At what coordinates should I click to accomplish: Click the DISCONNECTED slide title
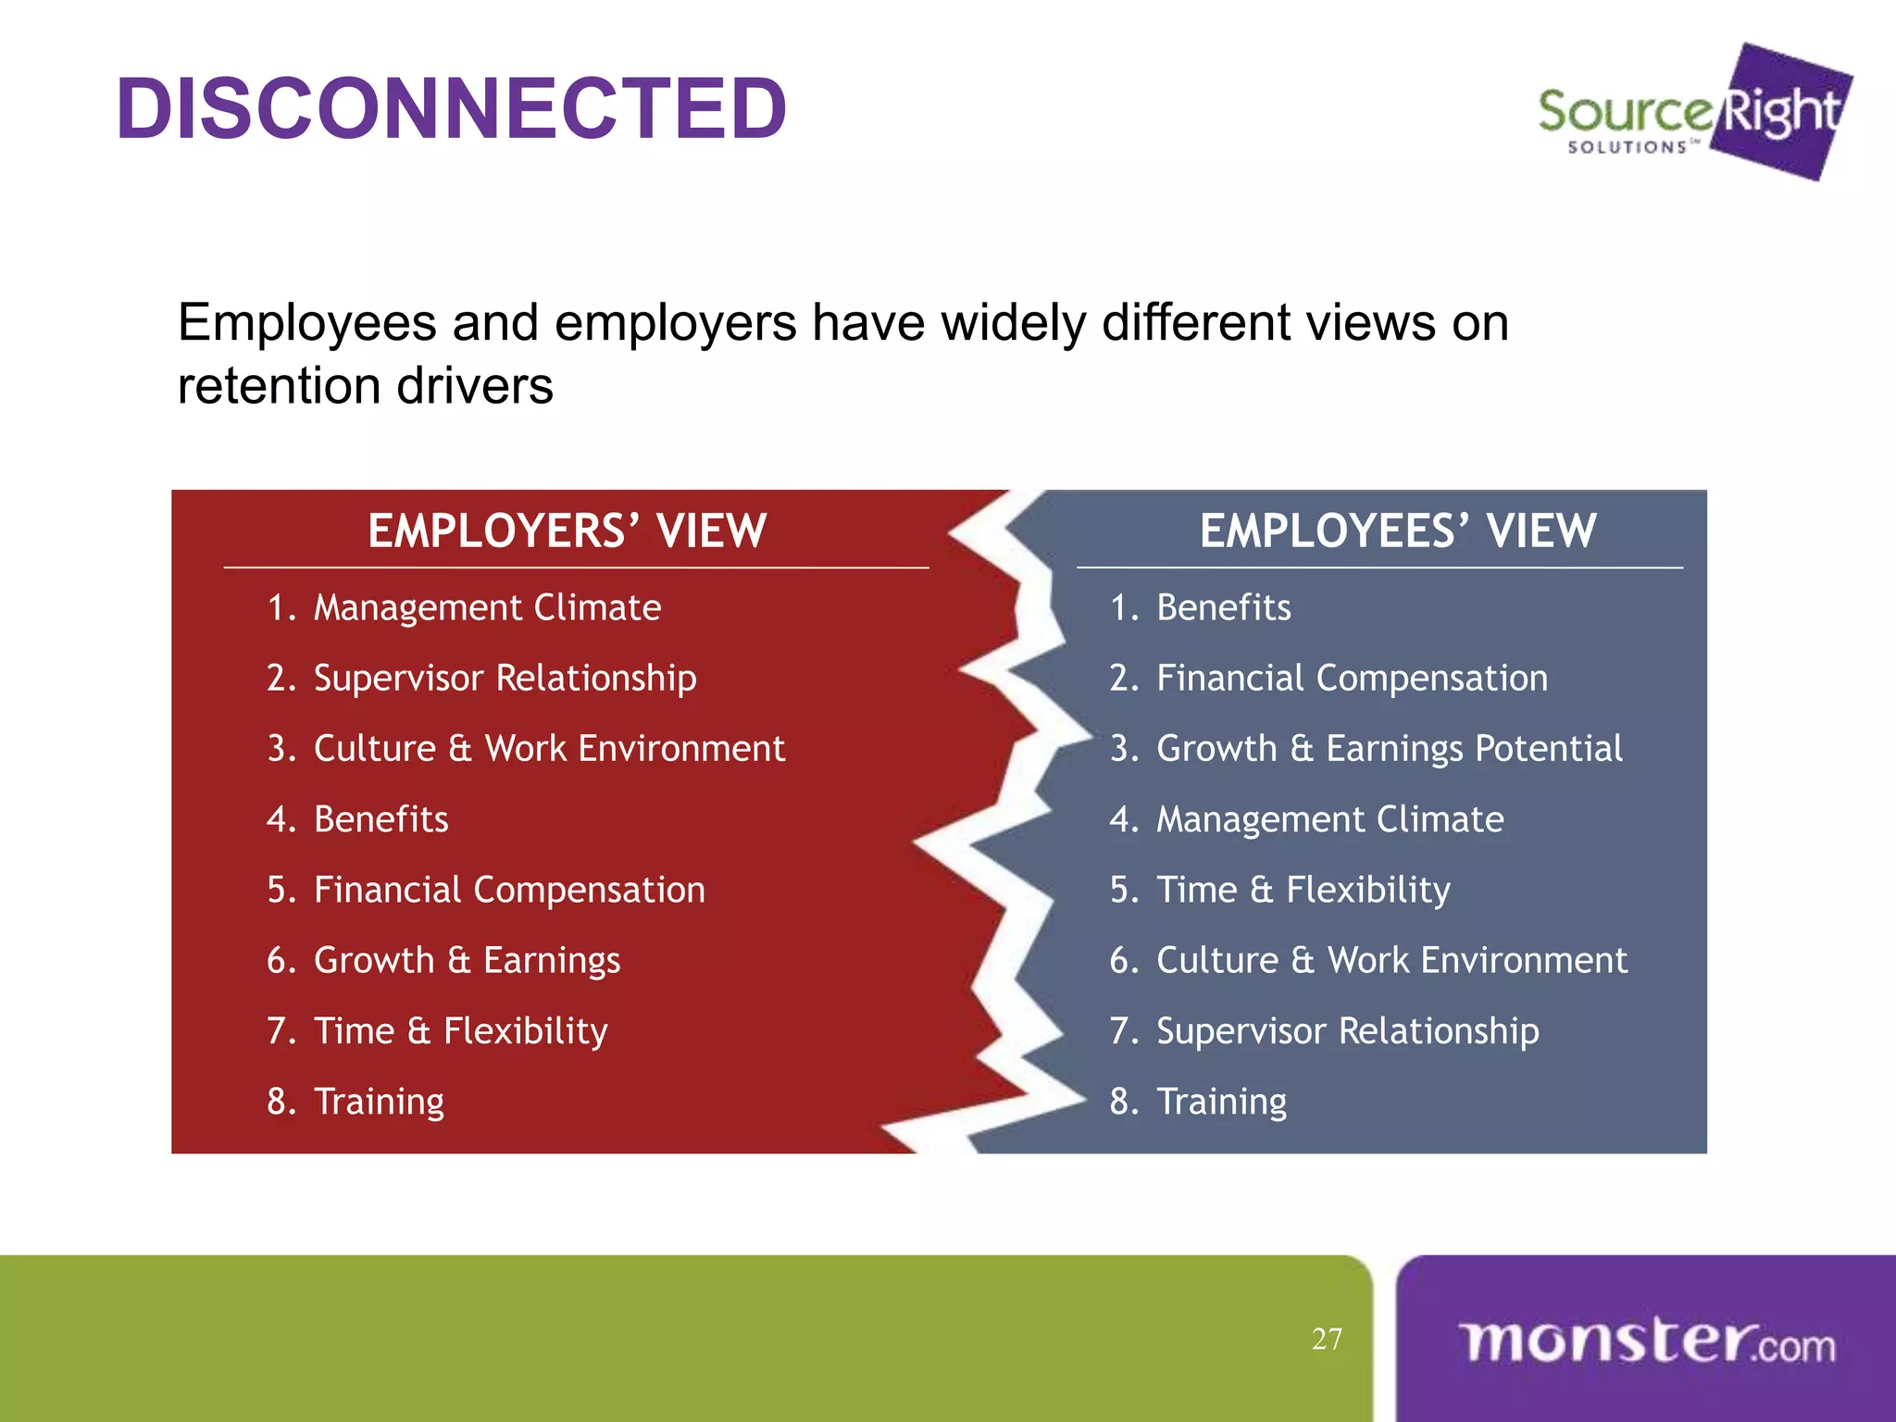tap(452, 109)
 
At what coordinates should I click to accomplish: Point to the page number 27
tap(1327, 1339)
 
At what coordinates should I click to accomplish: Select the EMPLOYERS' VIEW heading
tap(567, 531)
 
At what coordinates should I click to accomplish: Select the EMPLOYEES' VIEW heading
tap(1398, 531)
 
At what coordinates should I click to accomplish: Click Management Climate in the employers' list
tap(487, 608)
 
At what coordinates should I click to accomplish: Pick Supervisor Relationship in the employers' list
tap(505, 679)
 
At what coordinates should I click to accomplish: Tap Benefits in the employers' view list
tap(380, 819)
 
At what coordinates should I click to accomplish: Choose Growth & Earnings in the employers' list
tap(467, 961)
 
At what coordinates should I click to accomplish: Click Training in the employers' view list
tap(379, 1102)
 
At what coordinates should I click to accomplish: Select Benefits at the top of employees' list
tap(1223, 608)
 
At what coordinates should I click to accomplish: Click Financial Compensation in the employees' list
tap(1352, 679)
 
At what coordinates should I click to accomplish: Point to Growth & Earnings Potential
tap(1389, 749)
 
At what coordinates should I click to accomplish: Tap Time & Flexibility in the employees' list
tap(1303, 890)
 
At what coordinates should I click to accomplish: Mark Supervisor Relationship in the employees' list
tap(1347, 1031)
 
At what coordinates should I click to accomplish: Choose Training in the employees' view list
tap(1221, 1102)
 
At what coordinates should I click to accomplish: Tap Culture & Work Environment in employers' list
tap(549, 749)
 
